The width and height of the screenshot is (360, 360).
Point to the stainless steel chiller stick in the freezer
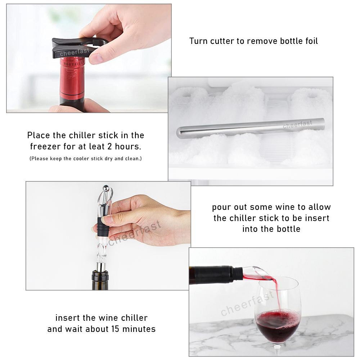coord(250,129)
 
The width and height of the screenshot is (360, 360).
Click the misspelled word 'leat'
coord(96,147)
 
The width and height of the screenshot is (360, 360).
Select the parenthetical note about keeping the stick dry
coord(86,158)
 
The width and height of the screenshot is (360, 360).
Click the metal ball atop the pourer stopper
coord(105,188)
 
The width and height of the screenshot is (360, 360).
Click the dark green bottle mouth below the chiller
coord(100,280)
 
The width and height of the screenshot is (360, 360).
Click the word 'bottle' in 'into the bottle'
coord(288,229)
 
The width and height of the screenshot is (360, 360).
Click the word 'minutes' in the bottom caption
coord(139,329)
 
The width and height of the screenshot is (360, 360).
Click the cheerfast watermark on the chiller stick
coord(298,124)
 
